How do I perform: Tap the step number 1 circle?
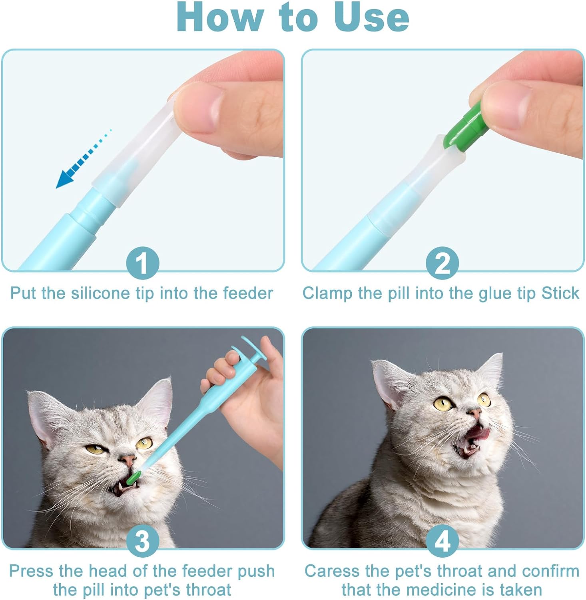pos(142,263)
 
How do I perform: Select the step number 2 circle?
pos(442,263)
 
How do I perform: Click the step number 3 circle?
pos(142,541)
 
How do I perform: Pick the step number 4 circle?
pos(442,541)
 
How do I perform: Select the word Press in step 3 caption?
pos(31,571)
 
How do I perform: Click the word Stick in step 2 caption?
pos(560,293)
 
